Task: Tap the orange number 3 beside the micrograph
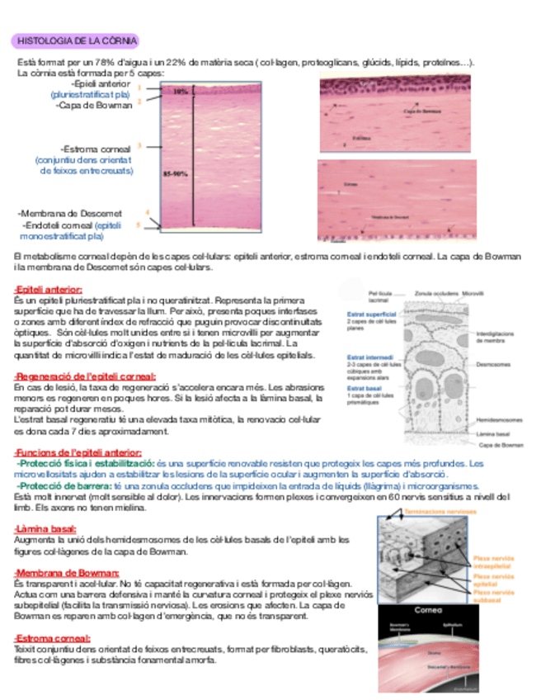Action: (139, 145)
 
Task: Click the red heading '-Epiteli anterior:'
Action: (48, 290)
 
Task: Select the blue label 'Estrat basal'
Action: (363, 388)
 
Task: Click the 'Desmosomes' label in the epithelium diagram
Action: (494, 364)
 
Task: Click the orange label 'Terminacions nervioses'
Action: (440, 512)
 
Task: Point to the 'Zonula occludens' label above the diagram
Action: (436, 293)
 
